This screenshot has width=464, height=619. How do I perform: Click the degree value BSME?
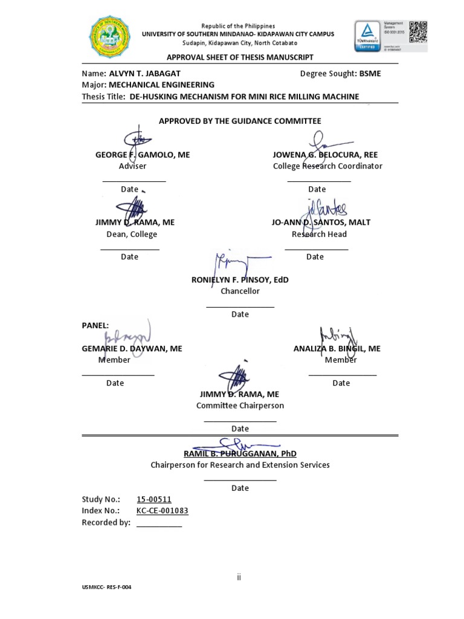pos(370,74)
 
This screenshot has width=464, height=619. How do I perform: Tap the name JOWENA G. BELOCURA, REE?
pos(325,155)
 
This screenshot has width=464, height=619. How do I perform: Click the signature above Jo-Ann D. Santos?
pos(324,211)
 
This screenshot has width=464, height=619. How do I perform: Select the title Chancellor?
pos(240,291)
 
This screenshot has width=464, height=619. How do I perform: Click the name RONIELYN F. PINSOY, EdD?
pos(240,280)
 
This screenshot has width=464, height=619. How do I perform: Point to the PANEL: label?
pos(95,325)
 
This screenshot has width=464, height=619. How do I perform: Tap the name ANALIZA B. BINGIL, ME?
pos(337,349)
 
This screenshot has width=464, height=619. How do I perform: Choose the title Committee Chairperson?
pos(240,406)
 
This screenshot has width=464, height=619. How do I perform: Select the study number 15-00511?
pos(154,499)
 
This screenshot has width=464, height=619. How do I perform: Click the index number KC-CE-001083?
pos(163,511)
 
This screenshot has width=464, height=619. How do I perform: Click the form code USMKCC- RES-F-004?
pos(106,587)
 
